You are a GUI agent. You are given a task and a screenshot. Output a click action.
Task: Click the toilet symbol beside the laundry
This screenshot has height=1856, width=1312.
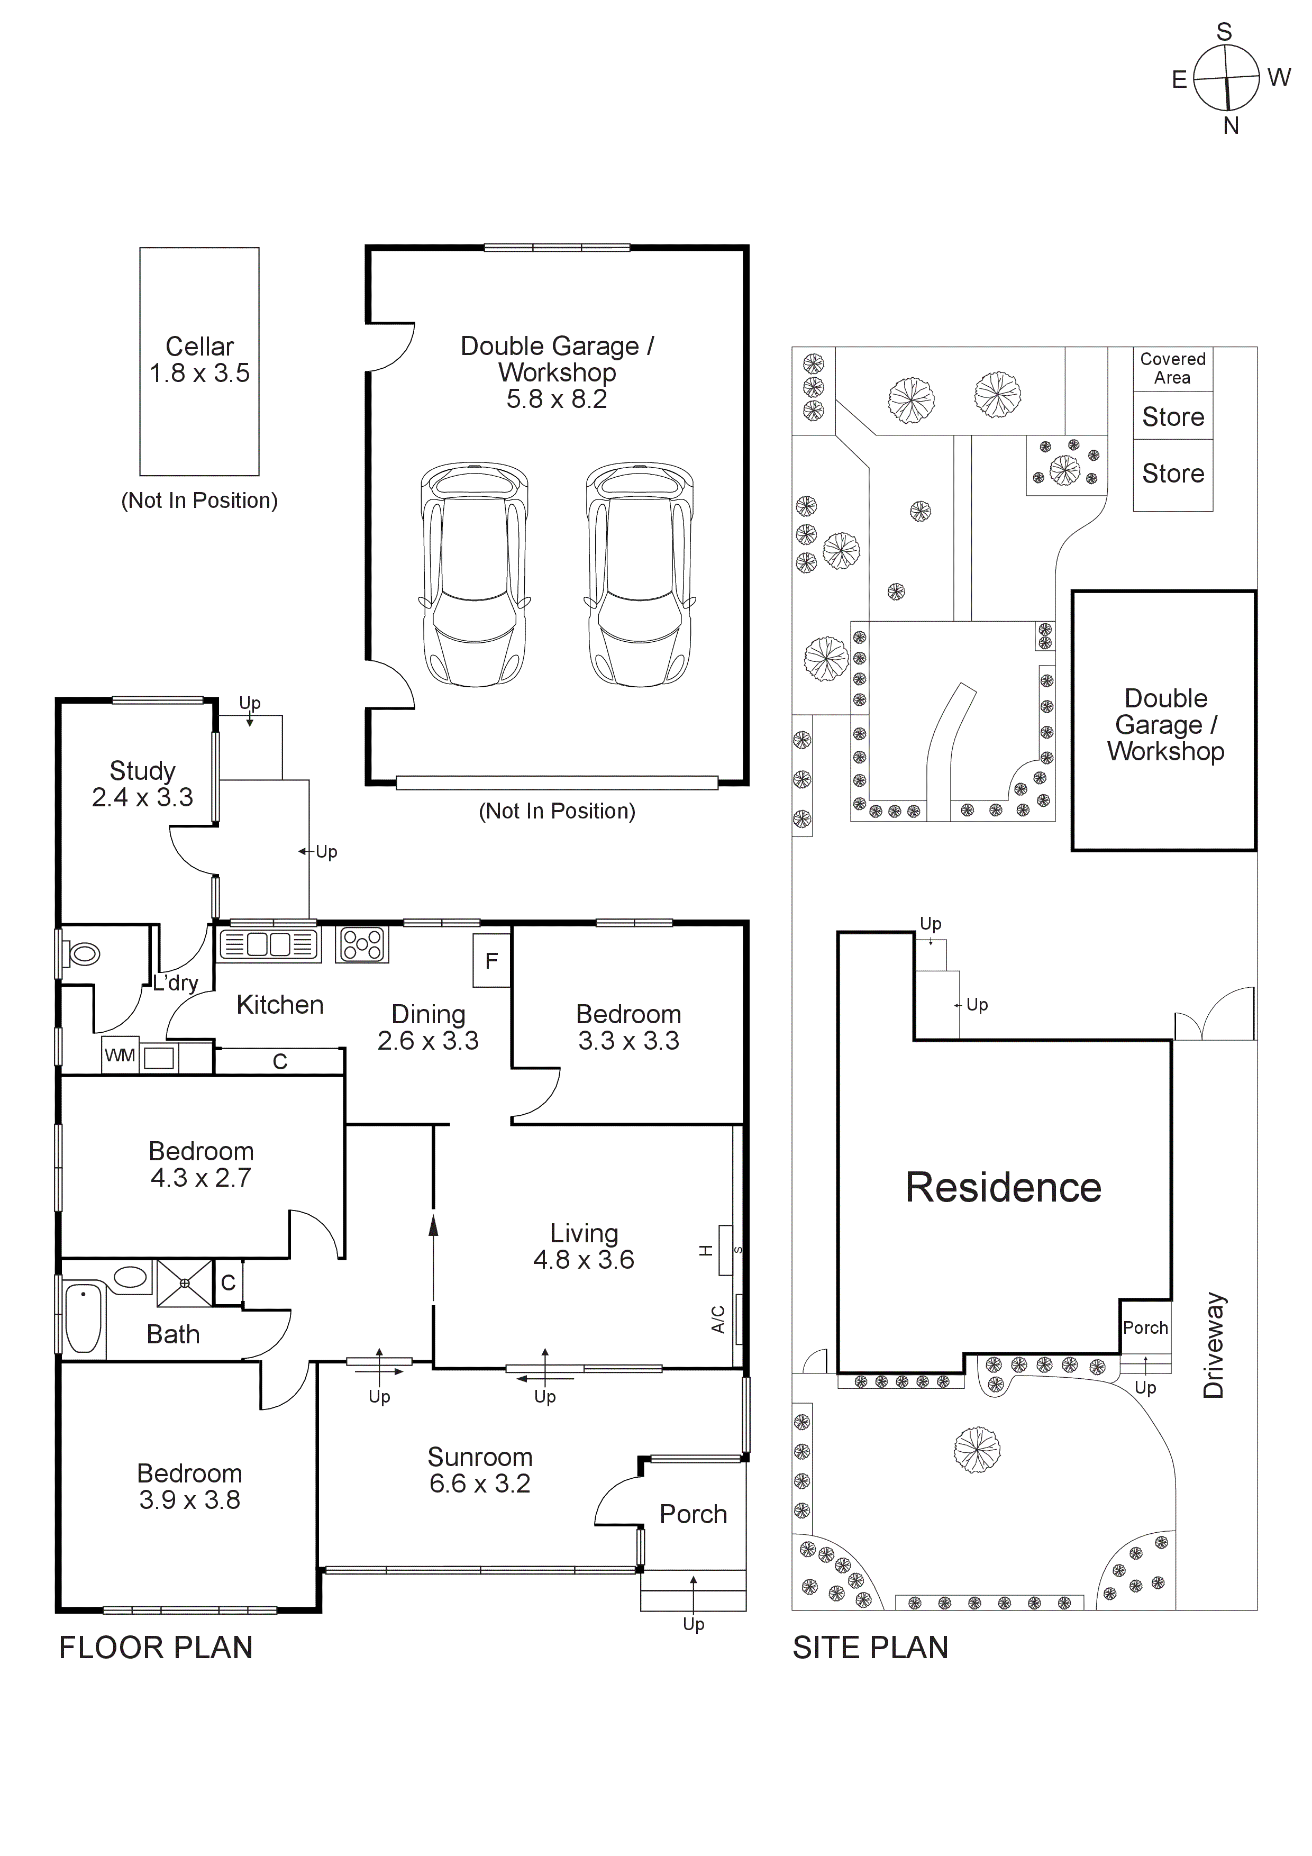(83, 954)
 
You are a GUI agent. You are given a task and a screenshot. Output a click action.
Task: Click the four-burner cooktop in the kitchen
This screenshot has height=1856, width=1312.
(361, 943)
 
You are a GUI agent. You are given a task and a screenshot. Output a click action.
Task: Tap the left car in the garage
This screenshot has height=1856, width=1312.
(475, 574)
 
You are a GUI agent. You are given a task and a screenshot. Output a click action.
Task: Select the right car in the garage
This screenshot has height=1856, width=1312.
(640, 574)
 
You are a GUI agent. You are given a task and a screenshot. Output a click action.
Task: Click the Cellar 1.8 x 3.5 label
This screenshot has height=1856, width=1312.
(199, 360)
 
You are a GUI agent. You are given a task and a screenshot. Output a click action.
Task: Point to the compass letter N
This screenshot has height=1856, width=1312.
(1231, 126)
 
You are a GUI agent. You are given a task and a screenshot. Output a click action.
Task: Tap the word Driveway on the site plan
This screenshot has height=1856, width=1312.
(1214, 1345)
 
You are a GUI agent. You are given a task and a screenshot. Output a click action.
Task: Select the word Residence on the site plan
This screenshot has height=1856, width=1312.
(1003, 1187)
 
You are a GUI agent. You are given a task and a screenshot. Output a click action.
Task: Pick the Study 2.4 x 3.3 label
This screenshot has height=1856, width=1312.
(142, 784)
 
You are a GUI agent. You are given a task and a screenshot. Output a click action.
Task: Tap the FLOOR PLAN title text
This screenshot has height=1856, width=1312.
(156, 1648)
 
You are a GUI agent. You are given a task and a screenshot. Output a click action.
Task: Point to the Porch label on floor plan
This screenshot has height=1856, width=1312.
(693, 1514)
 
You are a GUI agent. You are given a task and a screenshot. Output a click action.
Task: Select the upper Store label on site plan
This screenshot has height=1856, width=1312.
(1172, 417)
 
